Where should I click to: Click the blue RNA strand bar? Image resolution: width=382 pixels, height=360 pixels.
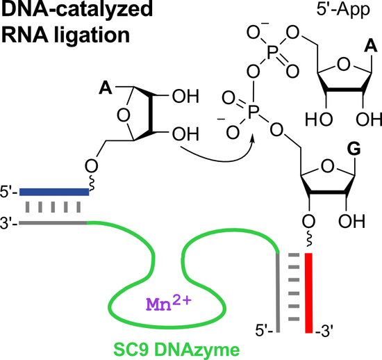coord(53,191)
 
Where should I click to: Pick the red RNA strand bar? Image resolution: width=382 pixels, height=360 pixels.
coord(309,291)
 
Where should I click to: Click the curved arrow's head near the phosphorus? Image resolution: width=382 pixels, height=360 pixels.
coord(253,140)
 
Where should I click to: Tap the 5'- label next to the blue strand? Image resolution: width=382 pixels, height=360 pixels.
coord(10,191)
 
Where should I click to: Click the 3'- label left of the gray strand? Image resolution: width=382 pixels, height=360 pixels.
coord(10,222)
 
